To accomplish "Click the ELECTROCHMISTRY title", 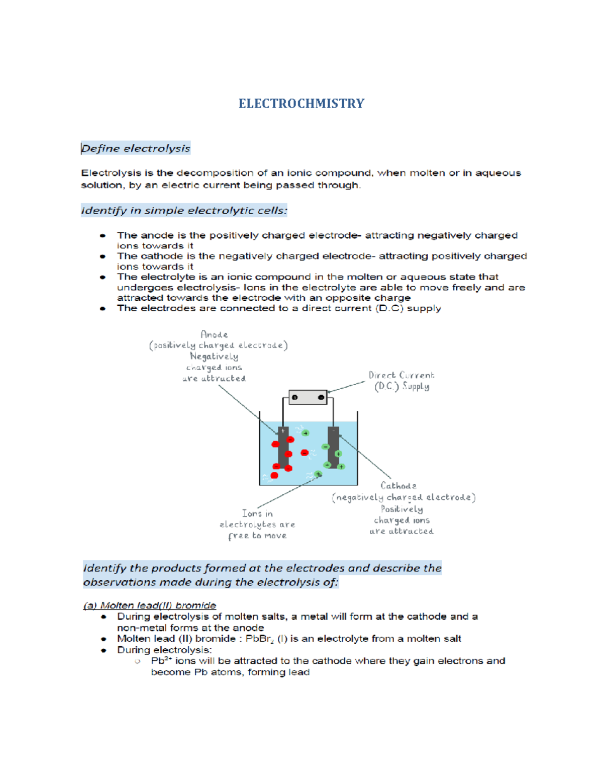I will pos(301,104).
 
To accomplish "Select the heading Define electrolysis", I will pos(136,148).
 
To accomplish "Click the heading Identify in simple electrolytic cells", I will pos(184,210).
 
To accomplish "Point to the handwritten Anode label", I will pos(214,334).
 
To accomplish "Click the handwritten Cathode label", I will pos(398,486).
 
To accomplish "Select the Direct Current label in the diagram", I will pos(401,375).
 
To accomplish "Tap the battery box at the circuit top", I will pos(308,397).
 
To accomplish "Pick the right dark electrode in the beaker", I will pos(333,446).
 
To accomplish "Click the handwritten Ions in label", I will pos(257,513).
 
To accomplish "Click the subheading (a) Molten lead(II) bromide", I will pos(150,605).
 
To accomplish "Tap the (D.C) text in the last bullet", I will pos(389,308).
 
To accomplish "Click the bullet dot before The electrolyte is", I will pos(103,277).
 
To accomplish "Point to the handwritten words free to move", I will pos(257,536).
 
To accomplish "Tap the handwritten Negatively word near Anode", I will pos(214,357).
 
